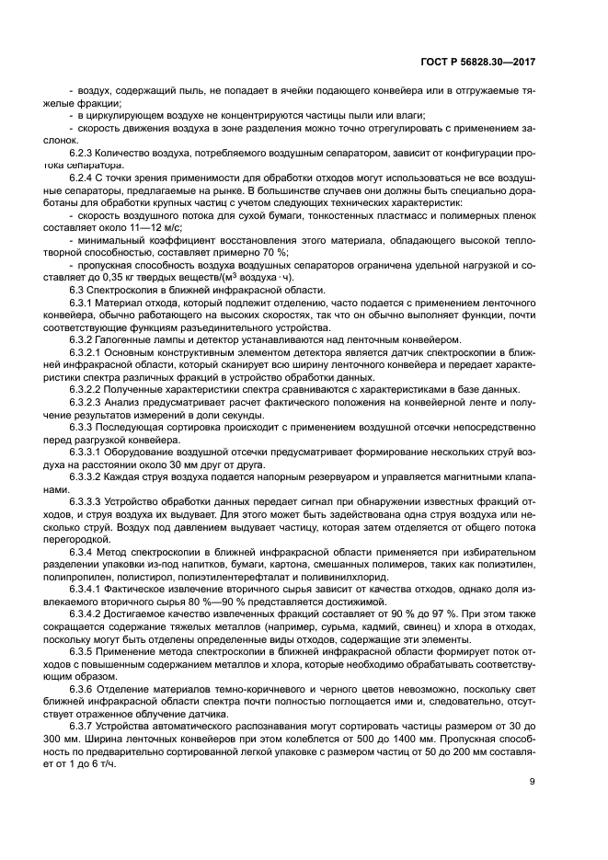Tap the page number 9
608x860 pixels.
coord(533,782)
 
